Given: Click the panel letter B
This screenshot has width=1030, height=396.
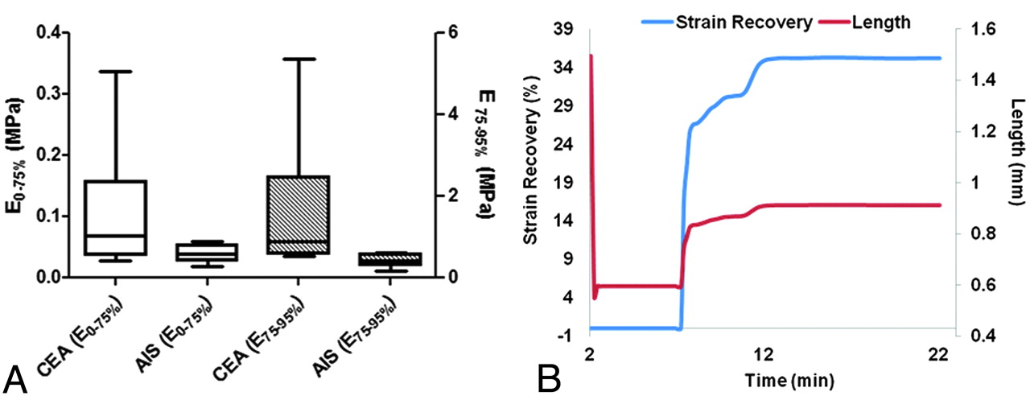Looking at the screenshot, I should click(x=550, y=374).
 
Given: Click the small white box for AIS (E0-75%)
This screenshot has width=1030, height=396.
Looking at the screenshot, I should click(x=208, y=252).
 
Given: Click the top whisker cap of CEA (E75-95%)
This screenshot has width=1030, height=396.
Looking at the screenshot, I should click(x=299, y=59).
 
